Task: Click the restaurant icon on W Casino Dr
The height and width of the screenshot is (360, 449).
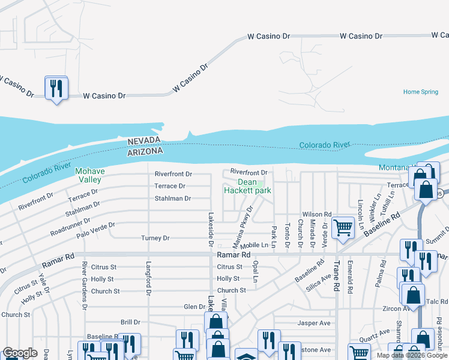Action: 56,89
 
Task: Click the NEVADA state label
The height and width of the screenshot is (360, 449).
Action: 144,140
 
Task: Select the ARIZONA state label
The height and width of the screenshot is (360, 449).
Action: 145,152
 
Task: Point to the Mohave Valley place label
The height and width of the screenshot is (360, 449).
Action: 90,175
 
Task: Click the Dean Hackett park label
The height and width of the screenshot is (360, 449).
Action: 247,187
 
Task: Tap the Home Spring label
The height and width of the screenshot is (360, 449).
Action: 421,92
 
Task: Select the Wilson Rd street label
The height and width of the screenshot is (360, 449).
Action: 317,214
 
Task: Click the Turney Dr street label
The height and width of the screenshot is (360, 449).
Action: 155,238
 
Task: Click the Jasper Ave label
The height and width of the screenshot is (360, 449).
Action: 314,323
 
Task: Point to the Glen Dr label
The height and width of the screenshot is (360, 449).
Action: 194,307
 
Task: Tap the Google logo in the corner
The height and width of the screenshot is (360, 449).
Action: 20,353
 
